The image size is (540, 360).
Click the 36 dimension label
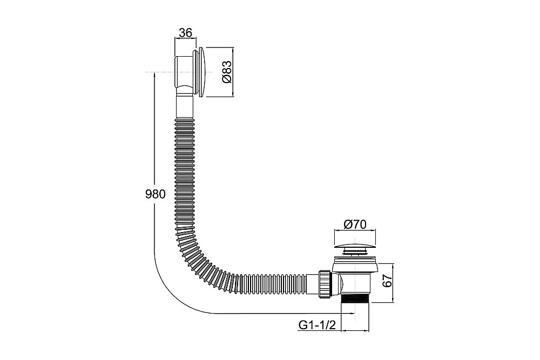pos(185,33)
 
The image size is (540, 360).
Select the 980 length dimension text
pos(156,194)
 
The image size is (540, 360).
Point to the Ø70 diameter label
pos(355,225)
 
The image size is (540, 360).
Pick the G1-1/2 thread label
pos(316,325)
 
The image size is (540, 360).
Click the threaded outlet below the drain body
pos(355,298)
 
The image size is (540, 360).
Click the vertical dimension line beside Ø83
pos(234,72)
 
